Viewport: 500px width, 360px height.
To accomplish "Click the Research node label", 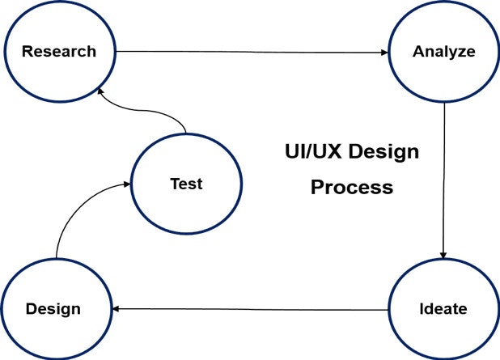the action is (x=59, y=51).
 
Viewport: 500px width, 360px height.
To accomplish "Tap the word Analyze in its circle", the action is (x=444, y=52).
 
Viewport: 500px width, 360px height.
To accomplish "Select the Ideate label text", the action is (x=443, y=309).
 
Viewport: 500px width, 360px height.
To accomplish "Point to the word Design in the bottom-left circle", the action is (x=53, y=309).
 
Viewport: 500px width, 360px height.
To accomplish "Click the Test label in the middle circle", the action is (x=187, y=184).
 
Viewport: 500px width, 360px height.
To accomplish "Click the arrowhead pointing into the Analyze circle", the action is (x=384, y=53).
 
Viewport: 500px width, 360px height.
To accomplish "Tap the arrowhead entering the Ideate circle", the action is (x=443, y=255).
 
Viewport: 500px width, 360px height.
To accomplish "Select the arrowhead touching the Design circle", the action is (x=116, y=309).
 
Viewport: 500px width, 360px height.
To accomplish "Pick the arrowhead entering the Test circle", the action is (x=127, y=184).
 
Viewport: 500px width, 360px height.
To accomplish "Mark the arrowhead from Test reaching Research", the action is (x=100, y=91).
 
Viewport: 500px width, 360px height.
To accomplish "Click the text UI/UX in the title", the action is (x=313, y=151).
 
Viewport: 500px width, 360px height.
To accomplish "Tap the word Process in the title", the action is (x=352, y=187).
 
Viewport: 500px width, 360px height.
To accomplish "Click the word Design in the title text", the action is (x=383, y=152).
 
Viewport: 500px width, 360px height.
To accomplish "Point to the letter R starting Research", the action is (x=28, y=51).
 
